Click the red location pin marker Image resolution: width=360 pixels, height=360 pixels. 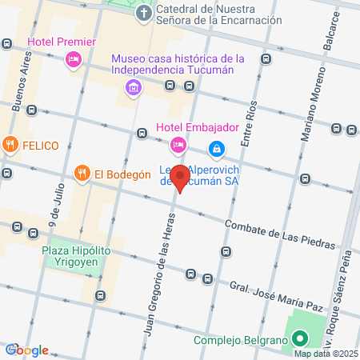pyautogui.click(x=181, y=178)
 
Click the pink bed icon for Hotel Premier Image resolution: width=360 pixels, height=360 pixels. pyautogui.click(x=73, y=58)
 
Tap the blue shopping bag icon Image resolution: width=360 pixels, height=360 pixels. pyautogui.click(x=216, y=148)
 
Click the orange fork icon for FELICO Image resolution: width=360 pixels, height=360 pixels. pyautogui.click(x=10, y=146)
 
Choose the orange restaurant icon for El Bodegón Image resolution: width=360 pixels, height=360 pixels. pyautogui.click(x=82, y=173)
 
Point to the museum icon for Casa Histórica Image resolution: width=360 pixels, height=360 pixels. pyautogui.click(x=132, y=92)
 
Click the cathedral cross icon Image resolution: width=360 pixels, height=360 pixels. pyautogui.click(x=143, y=13)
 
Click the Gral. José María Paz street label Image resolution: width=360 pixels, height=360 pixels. pyautogui.click(x=276, y=292)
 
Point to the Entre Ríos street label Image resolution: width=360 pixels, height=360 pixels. pyautogui.click(x=250, y=120)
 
